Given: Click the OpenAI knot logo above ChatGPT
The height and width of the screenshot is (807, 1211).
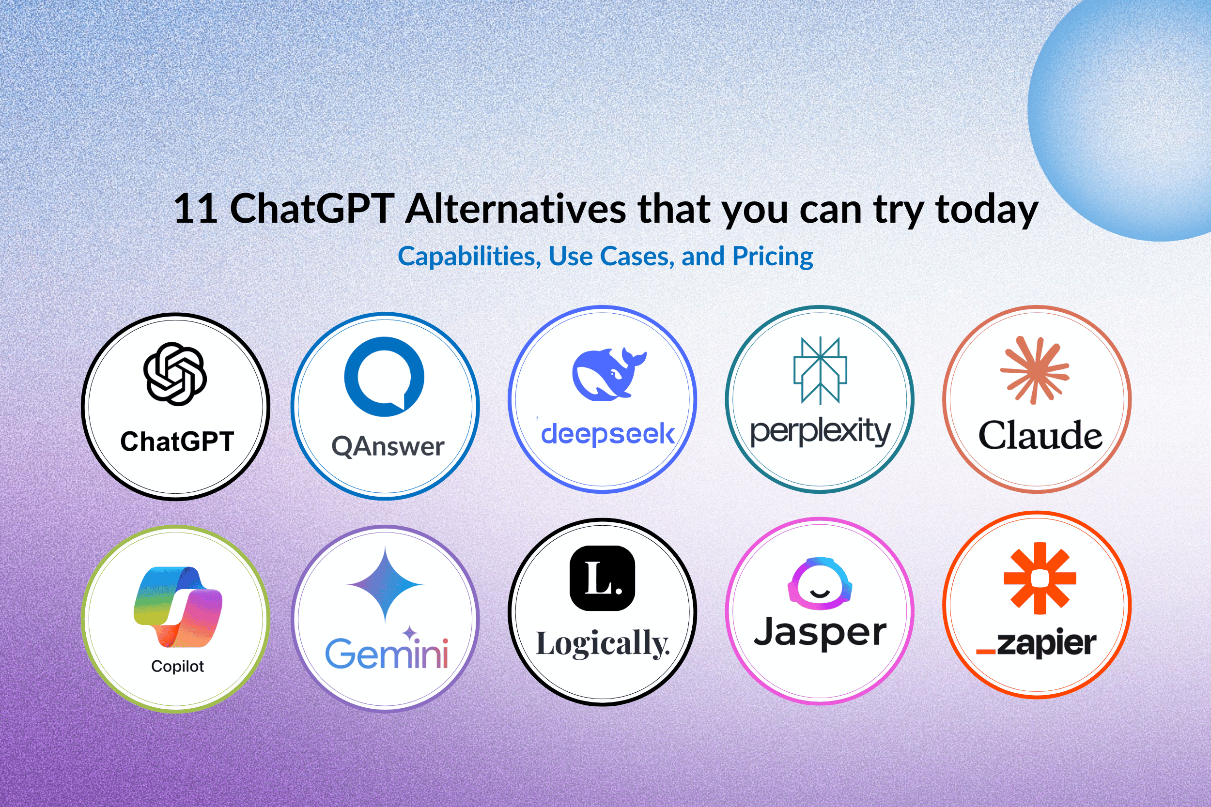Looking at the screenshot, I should (x=175, y=374).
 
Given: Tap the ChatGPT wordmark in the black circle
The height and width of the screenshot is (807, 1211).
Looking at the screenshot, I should (x=177, y=442).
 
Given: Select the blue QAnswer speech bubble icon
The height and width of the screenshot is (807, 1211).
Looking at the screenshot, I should (x=384, y=377).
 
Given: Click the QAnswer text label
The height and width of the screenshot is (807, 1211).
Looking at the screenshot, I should (x=388, y=446).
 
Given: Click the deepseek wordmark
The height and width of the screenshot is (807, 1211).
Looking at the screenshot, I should (x=607, y=434).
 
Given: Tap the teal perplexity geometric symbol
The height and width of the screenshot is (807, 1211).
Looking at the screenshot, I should (x=820, y=370).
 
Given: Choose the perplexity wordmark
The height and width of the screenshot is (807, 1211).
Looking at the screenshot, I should (x=820, y=431).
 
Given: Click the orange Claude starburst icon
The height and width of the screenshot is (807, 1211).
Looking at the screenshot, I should (x=1034, y=370).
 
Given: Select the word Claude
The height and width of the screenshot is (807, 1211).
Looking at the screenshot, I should (x=1040, y=435).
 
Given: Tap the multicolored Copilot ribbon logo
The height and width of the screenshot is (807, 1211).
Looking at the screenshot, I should (x=178, y=608).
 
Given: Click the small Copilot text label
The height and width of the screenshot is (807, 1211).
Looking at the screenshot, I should (x=178, y=667).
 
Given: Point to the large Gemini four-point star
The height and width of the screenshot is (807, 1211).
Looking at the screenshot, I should (x=385, y=585).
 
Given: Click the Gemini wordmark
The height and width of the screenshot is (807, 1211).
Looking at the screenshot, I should (x=387, y=654).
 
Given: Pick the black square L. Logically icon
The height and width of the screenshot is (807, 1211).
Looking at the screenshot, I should (x=603, y=579).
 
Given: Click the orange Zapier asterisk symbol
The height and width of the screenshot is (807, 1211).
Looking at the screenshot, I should (x=1040, y=579).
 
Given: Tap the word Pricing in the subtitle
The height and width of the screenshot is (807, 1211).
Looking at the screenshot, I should (x=773, y=256).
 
